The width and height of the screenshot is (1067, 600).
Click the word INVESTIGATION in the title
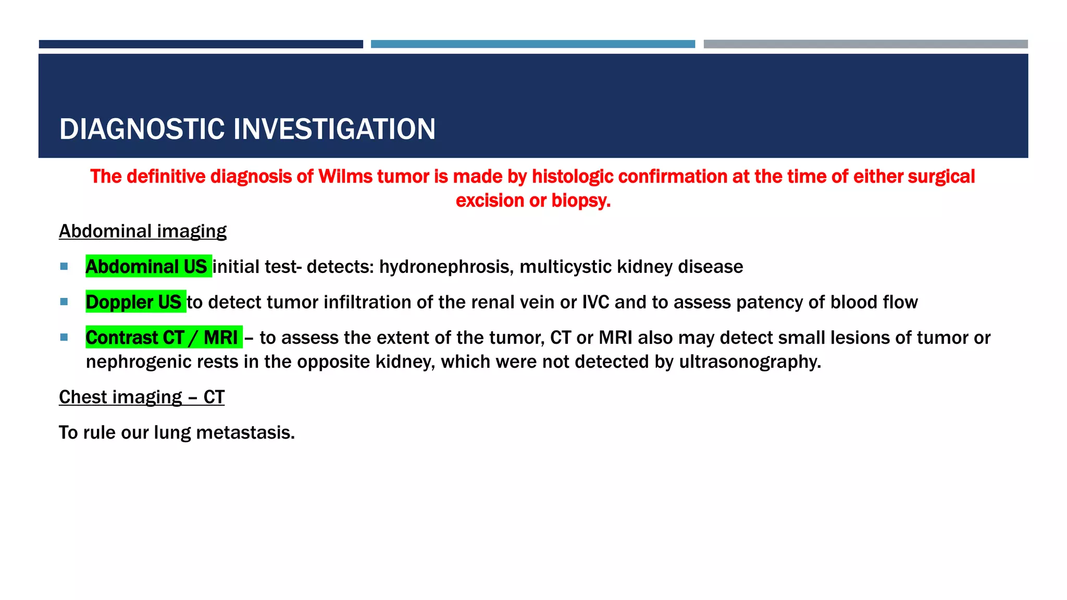pyautogui.click(x=334, y=129)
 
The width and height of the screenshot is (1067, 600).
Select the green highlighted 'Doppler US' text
pyautogui.click(x=134, y=302)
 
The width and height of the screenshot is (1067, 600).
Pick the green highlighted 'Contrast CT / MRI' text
pyautogui.click(x=162, y=337)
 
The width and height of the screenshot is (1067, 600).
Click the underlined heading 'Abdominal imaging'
pyautogui.click(x=142, y=231)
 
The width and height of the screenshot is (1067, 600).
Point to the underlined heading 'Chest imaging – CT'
pyautogui.click(x=141, y=397)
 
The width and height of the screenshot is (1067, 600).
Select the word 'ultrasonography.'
pyautogui.click(x=750, y=362)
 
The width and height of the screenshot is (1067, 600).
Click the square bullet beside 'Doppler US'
pyautogui.click(x=64, y=302)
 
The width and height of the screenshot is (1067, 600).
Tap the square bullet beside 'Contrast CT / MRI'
pyautogui.click(x=64, y=337)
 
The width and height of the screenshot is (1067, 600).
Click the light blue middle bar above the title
pyautogui.click(x=532, y=44)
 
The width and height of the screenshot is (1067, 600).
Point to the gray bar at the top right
pyautogui.click(x=865, y=44)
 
